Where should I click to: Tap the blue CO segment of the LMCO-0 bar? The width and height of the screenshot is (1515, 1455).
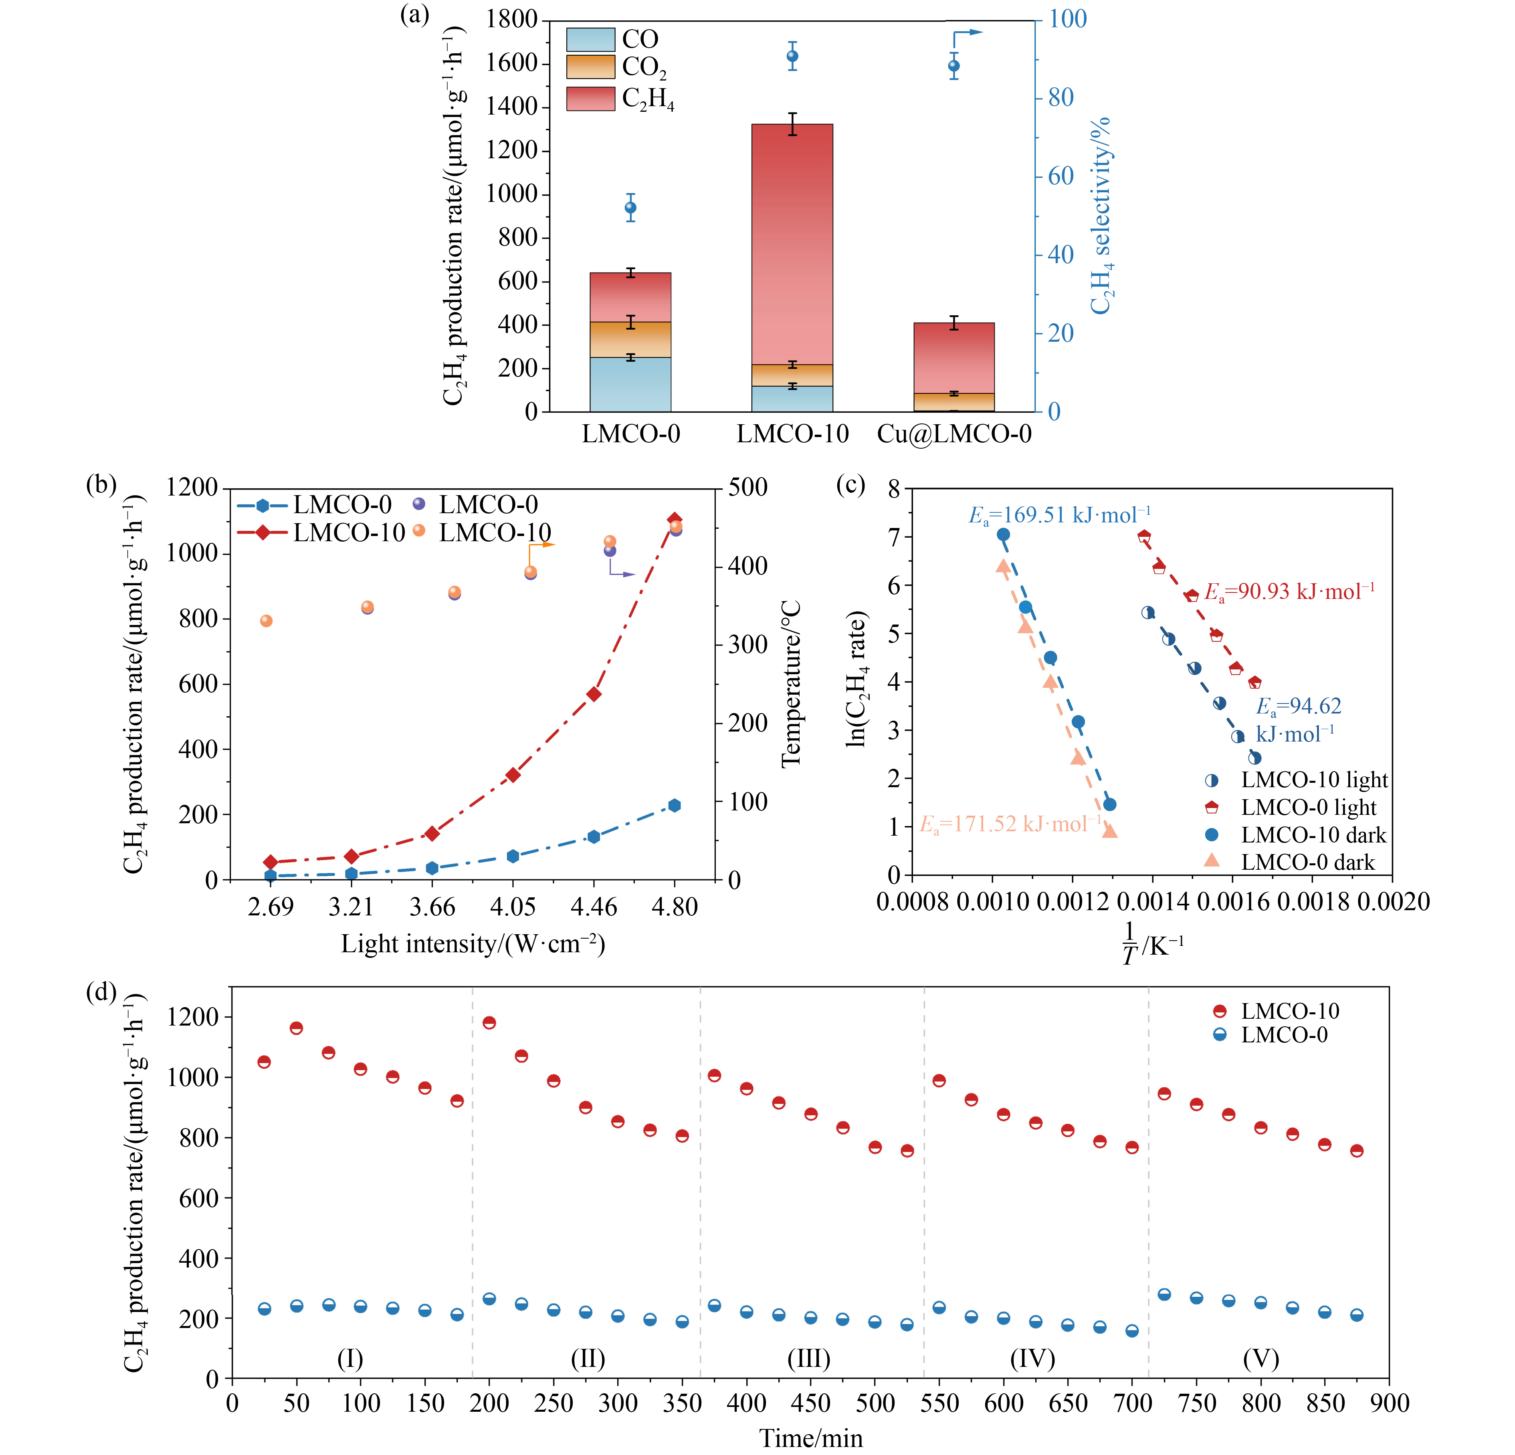coord(630,384)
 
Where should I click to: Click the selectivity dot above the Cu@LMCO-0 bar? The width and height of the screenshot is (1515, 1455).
coord(954,66)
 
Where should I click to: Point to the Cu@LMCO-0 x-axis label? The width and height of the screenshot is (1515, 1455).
coord(954,434)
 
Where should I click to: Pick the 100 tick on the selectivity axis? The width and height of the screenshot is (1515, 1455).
coord(1067,19)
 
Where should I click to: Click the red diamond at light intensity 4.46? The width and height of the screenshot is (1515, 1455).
coord(594,694)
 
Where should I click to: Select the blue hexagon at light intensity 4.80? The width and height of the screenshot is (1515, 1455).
coord(674,805)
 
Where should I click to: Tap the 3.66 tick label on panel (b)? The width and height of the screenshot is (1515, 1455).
coord(432,907)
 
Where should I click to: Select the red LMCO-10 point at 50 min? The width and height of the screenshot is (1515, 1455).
coord(296,1028)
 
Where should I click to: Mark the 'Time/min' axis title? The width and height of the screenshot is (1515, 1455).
coord(811,1438)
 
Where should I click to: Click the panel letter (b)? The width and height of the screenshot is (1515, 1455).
coord(101,485)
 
